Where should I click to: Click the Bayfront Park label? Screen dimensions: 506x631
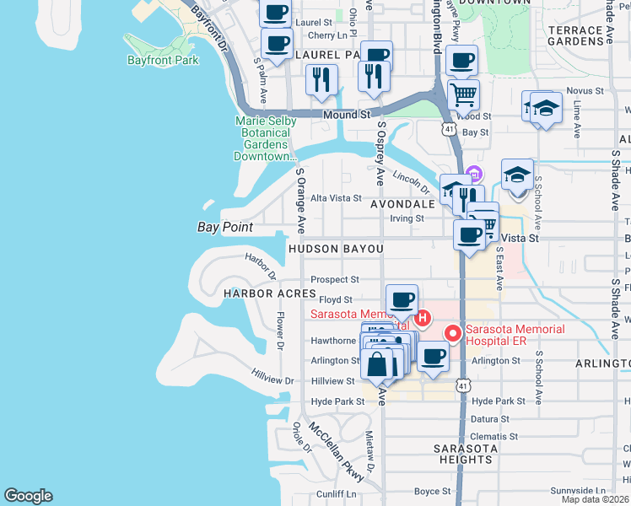click(163, 61)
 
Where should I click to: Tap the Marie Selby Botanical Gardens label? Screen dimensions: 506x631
click(266, 138)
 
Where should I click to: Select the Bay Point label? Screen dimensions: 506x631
click(225, 227)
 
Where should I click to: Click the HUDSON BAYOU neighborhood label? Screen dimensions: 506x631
click(335, 250)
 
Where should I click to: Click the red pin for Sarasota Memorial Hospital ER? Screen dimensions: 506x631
click(453, 334)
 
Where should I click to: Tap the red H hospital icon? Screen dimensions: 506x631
click(423, 318)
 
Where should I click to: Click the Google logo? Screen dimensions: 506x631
click(28, 496)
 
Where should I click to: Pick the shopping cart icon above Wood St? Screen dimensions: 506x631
click(462, 94)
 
